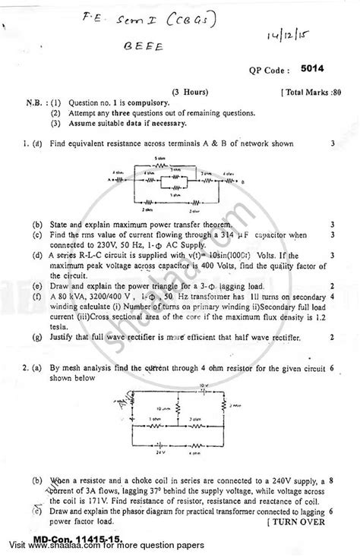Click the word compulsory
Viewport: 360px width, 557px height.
click(x=159, y=102)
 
